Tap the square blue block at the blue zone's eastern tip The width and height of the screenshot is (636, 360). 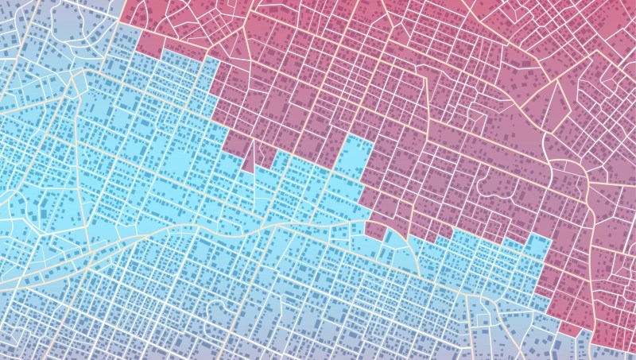pos(537,246)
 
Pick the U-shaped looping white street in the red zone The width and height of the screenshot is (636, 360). pos(498,188)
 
